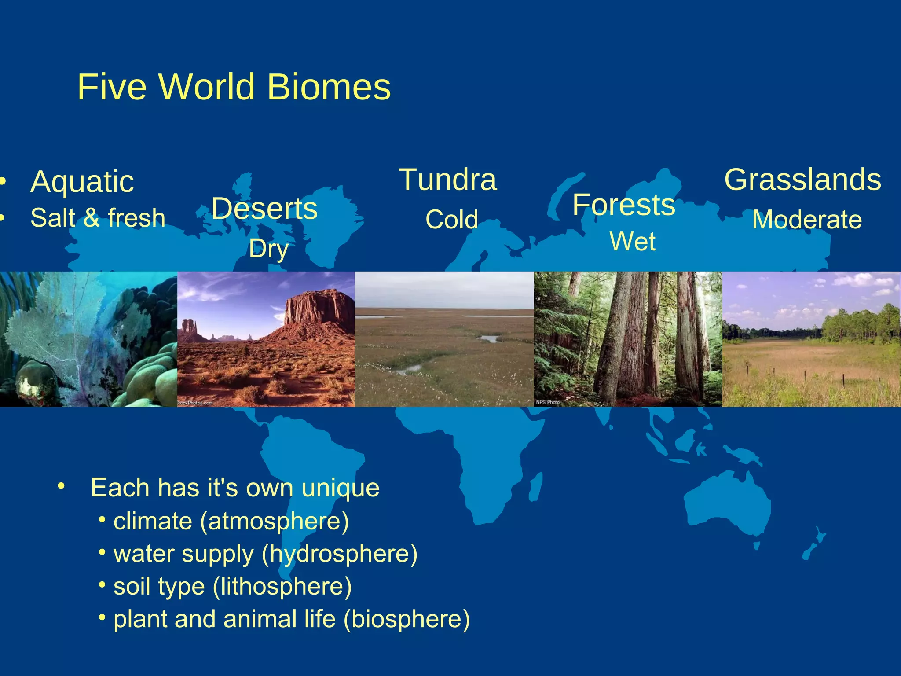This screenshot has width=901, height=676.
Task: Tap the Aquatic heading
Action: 82,182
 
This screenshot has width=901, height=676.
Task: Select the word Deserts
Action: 264,208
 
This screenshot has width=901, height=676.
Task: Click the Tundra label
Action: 448,180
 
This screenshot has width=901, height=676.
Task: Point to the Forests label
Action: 623,205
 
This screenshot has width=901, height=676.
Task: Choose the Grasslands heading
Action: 803,180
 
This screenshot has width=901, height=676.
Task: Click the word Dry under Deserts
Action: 268,249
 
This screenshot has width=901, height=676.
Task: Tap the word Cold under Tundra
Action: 452,219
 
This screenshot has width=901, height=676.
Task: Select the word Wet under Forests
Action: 632,241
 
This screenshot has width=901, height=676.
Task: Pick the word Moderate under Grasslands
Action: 807,219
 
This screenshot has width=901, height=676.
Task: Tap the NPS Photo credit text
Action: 548,402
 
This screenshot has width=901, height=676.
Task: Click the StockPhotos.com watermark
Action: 195,403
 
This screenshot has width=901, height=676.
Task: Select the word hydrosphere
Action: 339,554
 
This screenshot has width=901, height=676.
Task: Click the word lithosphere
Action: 282,586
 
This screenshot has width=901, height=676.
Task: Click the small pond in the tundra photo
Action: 488,338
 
